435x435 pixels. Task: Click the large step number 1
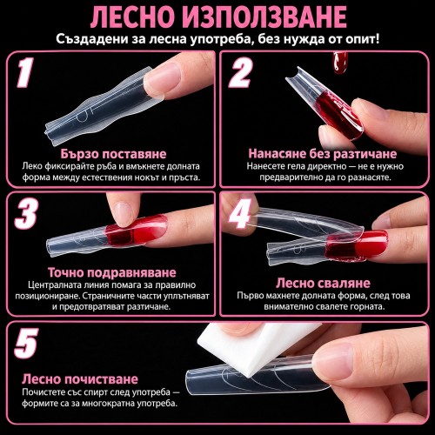[25, 72]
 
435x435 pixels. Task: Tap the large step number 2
[241, 72]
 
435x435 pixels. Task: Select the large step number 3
[26, 213]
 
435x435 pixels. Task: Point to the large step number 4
[239, 213]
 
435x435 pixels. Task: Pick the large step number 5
[26, 343]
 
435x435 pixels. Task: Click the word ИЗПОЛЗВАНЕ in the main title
[264, 17]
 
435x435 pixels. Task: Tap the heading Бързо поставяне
[113, 154]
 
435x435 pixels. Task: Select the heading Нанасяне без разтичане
[323, 154]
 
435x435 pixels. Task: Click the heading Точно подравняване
[112, 272]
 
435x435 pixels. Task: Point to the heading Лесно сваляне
[323, 283]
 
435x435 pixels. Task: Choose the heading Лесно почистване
[80, 379]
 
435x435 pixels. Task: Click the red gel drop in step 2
[340, 63]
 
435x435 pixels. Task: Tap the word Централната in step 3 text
[55, 284]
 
